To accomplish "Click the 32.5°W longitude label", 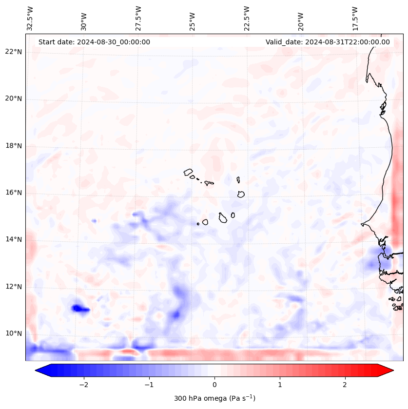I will [30, 18].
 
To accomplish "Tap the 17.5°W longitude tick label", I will [355, 18].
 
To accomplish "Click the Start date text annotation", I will [94, 42].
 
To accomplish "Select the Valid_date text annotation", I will [328, 42].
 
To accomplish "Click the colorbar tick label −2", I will [83, 385].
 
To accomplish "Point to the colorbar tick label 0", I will [214, 385].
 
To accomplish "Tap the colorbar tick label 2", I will [345, 385].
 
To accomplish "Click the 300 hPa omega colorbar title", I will [214, 398].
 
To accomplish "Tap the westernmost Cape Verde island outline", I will [188, 172].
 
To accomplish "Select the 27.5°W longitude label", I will [138, 18].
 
